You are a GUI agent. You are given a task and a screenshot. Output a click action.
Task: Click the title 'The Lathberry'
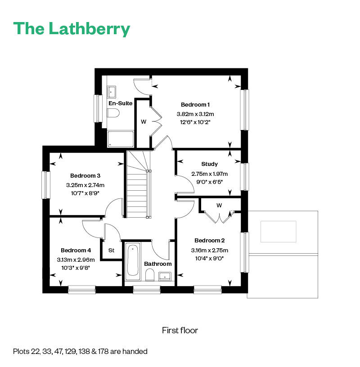tap(72, 28)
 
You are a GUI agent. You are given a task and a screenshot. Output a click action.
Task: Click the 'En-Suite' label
tap(120, 103)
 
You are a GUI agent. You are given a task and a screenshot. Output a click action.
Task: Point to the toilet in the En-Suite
tap(113, 113)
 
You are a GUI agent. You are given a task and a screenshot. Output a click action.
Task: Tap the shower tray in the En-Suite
tap(121, 139)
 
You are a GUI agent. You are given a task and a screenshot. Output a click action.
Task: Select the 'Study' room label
tap(210, 164)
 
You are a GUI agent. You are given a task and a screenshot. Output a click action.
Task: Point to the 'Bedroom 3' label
tap(85, 175)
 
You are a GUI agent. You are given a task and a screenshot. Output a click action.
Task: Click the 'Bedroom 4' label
tap(76, 250)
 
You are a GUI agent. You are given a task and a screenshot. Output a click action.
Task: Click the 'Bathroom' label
tap(157, 264)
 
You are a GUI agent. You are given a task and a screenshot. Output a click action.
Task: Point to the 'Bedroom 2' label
tap(209, 241)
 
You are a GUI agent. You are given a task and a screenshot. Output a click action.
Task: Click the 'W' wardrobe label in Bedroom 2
tap(219, 206)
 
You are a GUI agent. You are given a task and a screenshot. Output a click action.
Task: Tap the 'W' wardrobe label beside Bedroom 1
tap(144, 121)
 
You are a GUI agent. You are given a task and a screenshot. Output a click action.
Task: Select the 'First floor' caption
tap(180, 331)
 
